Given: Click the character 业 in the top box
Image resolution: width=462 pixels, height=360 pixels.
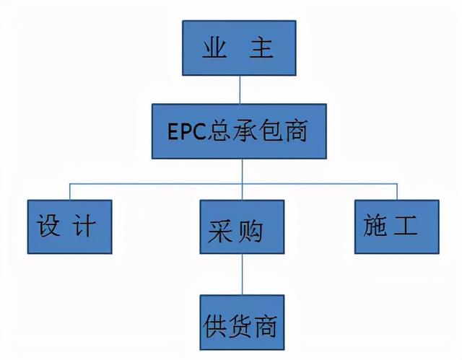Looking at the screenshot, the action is pyautogui.click(x=214, y=48).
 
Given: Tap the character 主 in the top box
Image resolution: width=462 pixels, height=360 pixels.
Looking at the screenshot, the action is pyautogui.click(x=261, y=48).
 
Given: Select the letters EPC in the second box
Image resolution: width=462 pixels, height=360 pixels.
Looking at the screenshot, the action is pyautogui.click(x=186, y=131).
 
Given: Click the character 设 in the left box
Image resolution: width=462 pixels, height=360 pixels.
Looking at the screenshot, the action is pyautogui.click(x=48, y=225).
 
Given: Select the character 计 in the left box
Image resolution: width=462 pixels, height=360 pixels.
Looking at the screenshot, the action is pyautogui.click(x=84, y=225).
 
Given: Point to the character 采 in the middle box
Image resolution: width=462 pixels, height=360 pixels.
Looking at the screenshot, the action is pyautogui.click(x=219, y=232).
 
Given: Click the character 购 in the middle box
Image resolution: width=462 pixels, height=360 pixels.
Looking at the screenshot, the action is pyautogui.click(x=250, y=232).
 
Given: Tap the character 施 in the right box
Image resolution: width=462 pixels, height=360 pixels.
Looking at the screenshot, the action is pyautogui.click(x=375, y=225).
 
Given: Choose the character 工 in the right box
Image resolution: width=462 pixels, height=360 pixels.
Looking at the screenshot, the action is pyautogui.click(x=406, y=225).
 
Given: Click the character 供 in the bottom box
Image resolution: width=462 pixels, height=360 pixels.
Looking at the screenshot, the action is pyautogui.click(x=215, y=326).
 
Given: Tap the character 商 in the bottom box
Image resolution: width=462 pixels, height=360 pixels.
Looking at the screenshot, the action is pyautogui.click(x=266, y=326).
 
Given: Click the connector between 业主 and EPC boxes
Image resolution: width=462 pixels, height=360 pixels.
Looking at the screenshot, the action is pyautogui.click(x=240, y=89).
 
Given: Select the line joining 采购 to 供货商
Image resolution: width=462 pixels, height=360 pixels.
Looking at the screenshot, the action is pyautogui.click(x=243, y=274).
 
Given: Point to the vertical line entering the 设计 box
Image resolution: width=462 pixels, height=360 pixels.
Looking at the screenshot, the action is pyautogui.click(x=70, y=192).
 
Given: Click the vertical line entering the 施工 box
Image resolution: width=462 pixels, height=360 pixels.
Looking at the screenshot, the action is pyautogui.click(x=397, y=192).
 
